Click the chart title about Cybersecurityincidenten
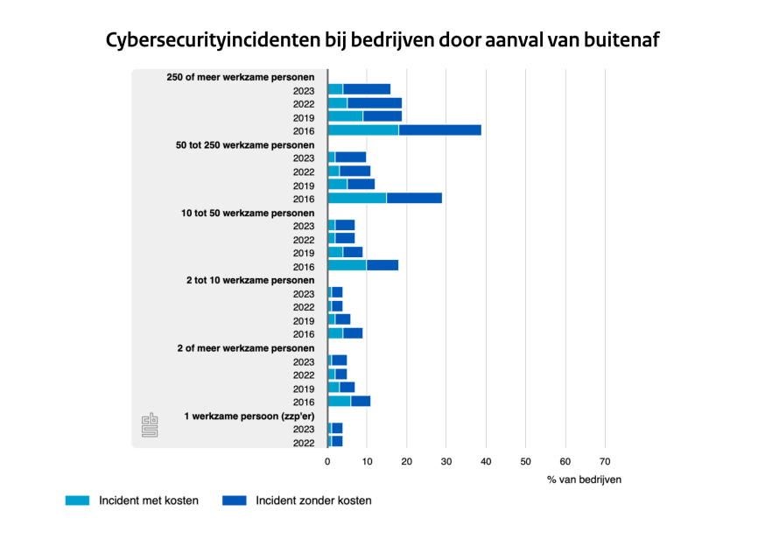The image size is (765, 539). coord(382,40)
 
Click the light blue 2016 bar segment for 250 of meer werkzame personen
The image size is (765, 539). coord(362,130)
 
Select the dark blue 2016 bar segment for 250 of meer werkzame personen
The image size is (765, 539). coord(439,130)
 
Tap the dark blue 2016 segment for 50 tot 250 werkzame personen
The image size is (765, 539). coord(414,199)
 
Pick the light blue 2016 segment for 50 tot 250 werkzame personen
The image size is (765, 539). coord(356,199)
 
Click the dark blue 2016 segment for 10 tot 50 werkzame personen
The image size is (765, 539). coord(382,266)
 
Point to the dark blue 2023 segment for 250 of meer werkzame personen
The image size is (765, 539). coord(367,89)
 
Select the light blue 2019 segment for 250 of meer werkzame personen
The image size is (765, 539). coord(345,116)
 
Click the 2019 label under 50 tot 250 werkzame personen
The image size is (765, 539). coord(304,185)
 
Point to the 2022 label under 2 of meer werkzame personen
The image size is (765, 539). coord(304,374)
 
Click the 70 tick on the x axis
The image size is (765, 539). coord(604,461)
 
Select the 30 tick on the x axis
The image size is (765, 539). coord(446,461)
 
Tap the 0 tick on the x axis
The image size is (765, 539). coord(327,461)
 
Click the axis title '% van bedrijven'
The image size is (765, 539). coord(584,479)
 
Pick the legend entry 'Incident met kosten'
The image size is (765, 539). coord(148,501)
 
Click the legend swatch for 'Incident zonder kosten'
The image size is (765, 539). coord(235,501)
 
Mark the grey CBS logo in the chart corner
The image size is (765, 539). coord(149,425)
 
